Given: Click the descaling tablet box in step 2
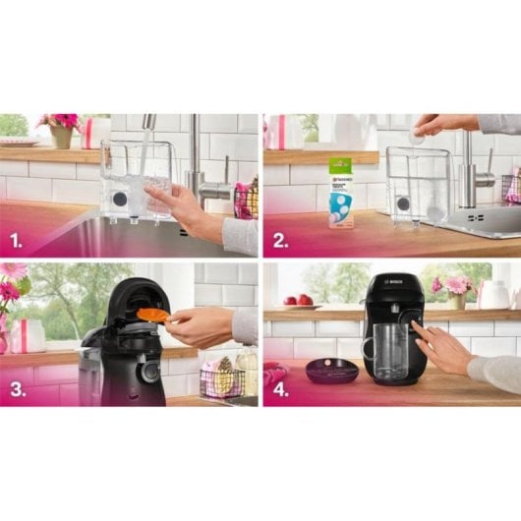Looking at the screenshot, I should tap(341, 192).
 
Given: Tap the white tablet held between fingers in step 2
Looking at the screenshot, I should tap(418, 139).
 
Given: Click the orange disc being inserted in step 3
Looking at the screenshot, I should tap(152, 316).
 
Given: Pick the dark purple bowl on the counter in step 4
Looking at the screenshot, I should tap(331, 371).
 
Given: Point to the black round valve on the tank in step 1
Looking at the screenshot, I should tap(119, 200).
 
